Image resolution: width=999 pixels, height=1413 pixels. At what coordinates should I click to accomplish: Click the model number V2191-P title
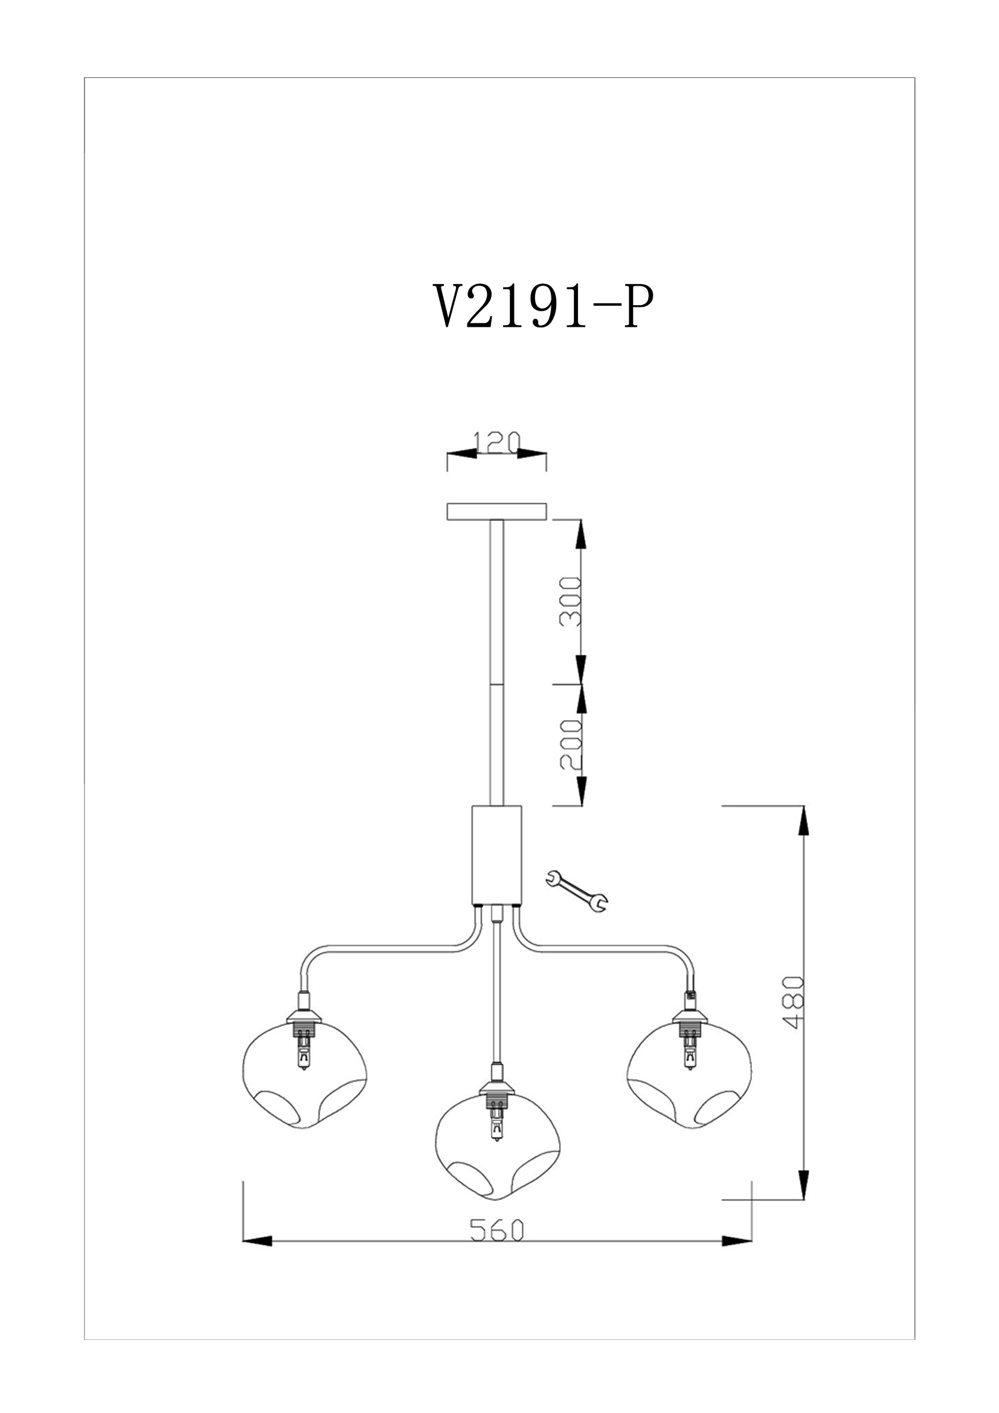[x=543, y=306]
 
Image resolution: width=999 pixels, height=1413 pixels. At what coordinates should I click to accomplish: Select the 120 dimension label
[x=497, y=441]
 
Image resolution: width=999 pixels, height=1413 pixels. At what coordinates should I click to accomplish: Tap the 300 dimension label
[x=570, y=601]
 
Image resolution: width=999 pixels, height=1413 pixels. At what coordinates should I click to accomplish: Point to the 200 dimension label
[x=570, y=744]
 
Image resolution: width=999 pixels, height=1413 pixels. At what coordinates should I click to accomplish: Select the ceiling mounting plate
[x=496, y=512]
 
